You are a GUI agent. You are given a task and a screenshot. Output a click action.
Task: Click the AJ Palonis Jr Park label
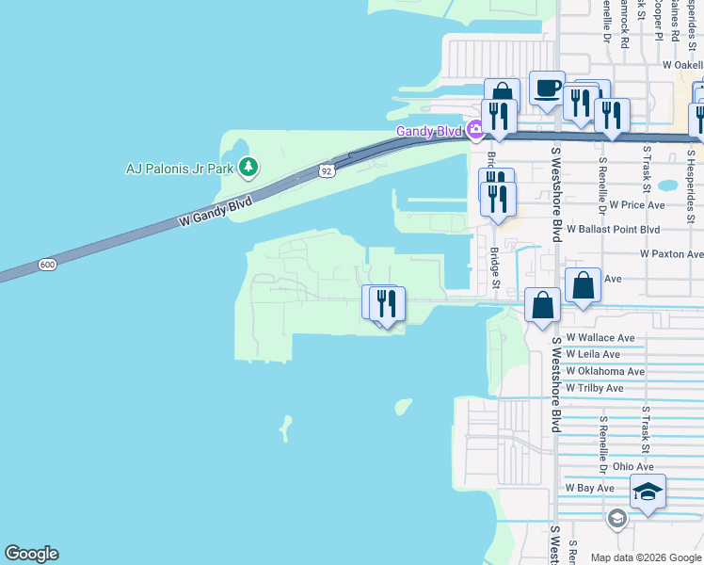[180, 169]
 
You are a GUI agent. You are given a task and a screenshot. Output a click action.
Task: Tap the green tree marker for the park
[248, 168]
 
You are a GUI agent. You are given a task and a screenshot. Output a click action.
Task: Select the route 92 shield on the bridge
[327, 170]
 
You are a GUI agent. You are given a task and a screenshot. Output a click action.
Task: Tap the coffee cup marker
[547, 89]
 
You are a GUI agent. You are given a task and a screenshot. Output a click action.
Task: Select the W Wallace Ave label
[600, 338]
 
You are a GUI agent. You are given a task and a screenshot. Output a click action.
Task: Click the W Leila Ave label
[593, 354]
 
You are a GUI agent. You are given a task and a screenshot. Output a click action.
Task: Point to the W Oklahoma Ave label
[605, 371]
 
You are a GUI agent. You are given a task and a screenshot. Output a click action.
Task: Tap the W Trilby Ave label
[595, 388]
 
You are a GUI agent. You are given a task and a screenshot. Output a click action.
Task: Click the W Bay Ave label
[589, 488]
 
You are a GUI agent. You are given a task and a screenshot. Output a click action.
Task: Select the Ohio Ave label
[632, 466]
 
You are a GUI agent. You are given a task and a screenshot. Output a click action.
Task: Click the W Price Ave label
[637, 204]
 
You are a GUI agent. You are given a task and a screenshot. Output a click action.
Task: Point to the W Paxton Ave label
[671, 254]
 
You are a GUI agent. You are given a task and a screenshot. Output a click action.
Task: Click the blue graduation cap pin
[648, 492]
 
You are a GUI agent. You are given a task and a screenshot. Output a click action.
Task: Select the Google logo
[31, 554]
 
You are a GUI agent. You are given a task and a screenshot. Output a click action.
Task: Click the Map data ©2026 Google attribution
[645, 557]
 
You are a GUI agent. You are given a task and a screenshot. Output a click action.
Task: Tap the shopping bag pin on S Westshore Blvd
[542, 306]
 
